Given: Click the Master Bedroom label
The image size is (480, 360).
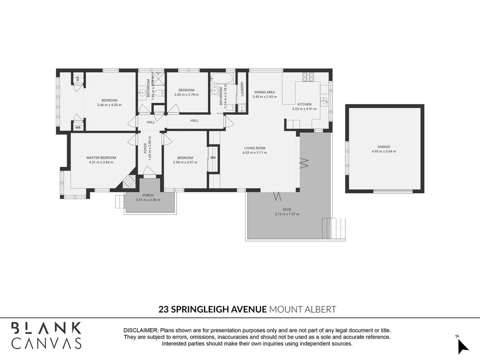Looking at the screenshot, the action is click(x=101, y=157).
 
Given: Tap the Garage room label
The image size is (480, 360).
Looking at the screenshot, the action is click(x=384, y=147).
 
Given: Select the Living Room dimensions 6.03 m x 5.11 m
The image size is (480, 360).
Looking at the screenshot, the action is click(x=255, y=153).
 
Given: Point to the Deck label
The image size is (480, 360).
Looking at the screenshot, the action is click(x=287, y=210).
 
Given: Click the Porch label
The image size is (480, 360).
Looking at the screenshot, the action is click(x=148, y=195).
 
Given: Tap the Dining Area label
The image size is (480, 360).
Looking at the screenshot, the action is click(x=265, y=92).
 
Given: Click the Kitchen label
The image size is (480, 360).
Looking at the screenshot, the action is click(x=304, y=104).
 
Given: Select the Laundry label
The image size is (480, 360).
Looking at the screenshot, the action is click(x=242, y=89).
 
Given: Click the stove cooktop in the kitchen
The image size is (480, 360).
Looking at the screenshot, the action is click(x=308, y=77).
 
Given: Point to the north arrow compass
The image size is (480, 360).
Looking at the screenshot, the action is click(x=462, y=346).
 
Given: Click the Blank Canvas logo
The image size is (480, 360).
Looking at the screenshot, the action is click(x=46, y=336).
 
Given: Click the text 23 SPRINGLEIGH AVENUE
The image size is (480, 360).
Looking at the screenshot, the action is click(x=212, y=309).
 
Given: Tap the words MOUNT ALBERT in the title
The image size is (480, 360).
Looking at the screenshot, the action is click(x=302, y=309).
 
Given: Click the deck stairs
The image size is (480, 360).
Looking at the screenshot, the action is click(x=334, y=228).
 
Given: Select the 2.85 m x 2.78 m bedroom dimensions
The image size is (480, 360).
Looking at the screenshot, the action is click(x=186, y=94).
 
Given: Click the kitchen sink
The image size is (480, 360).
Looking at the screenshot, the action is click(x=323, y=101).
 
